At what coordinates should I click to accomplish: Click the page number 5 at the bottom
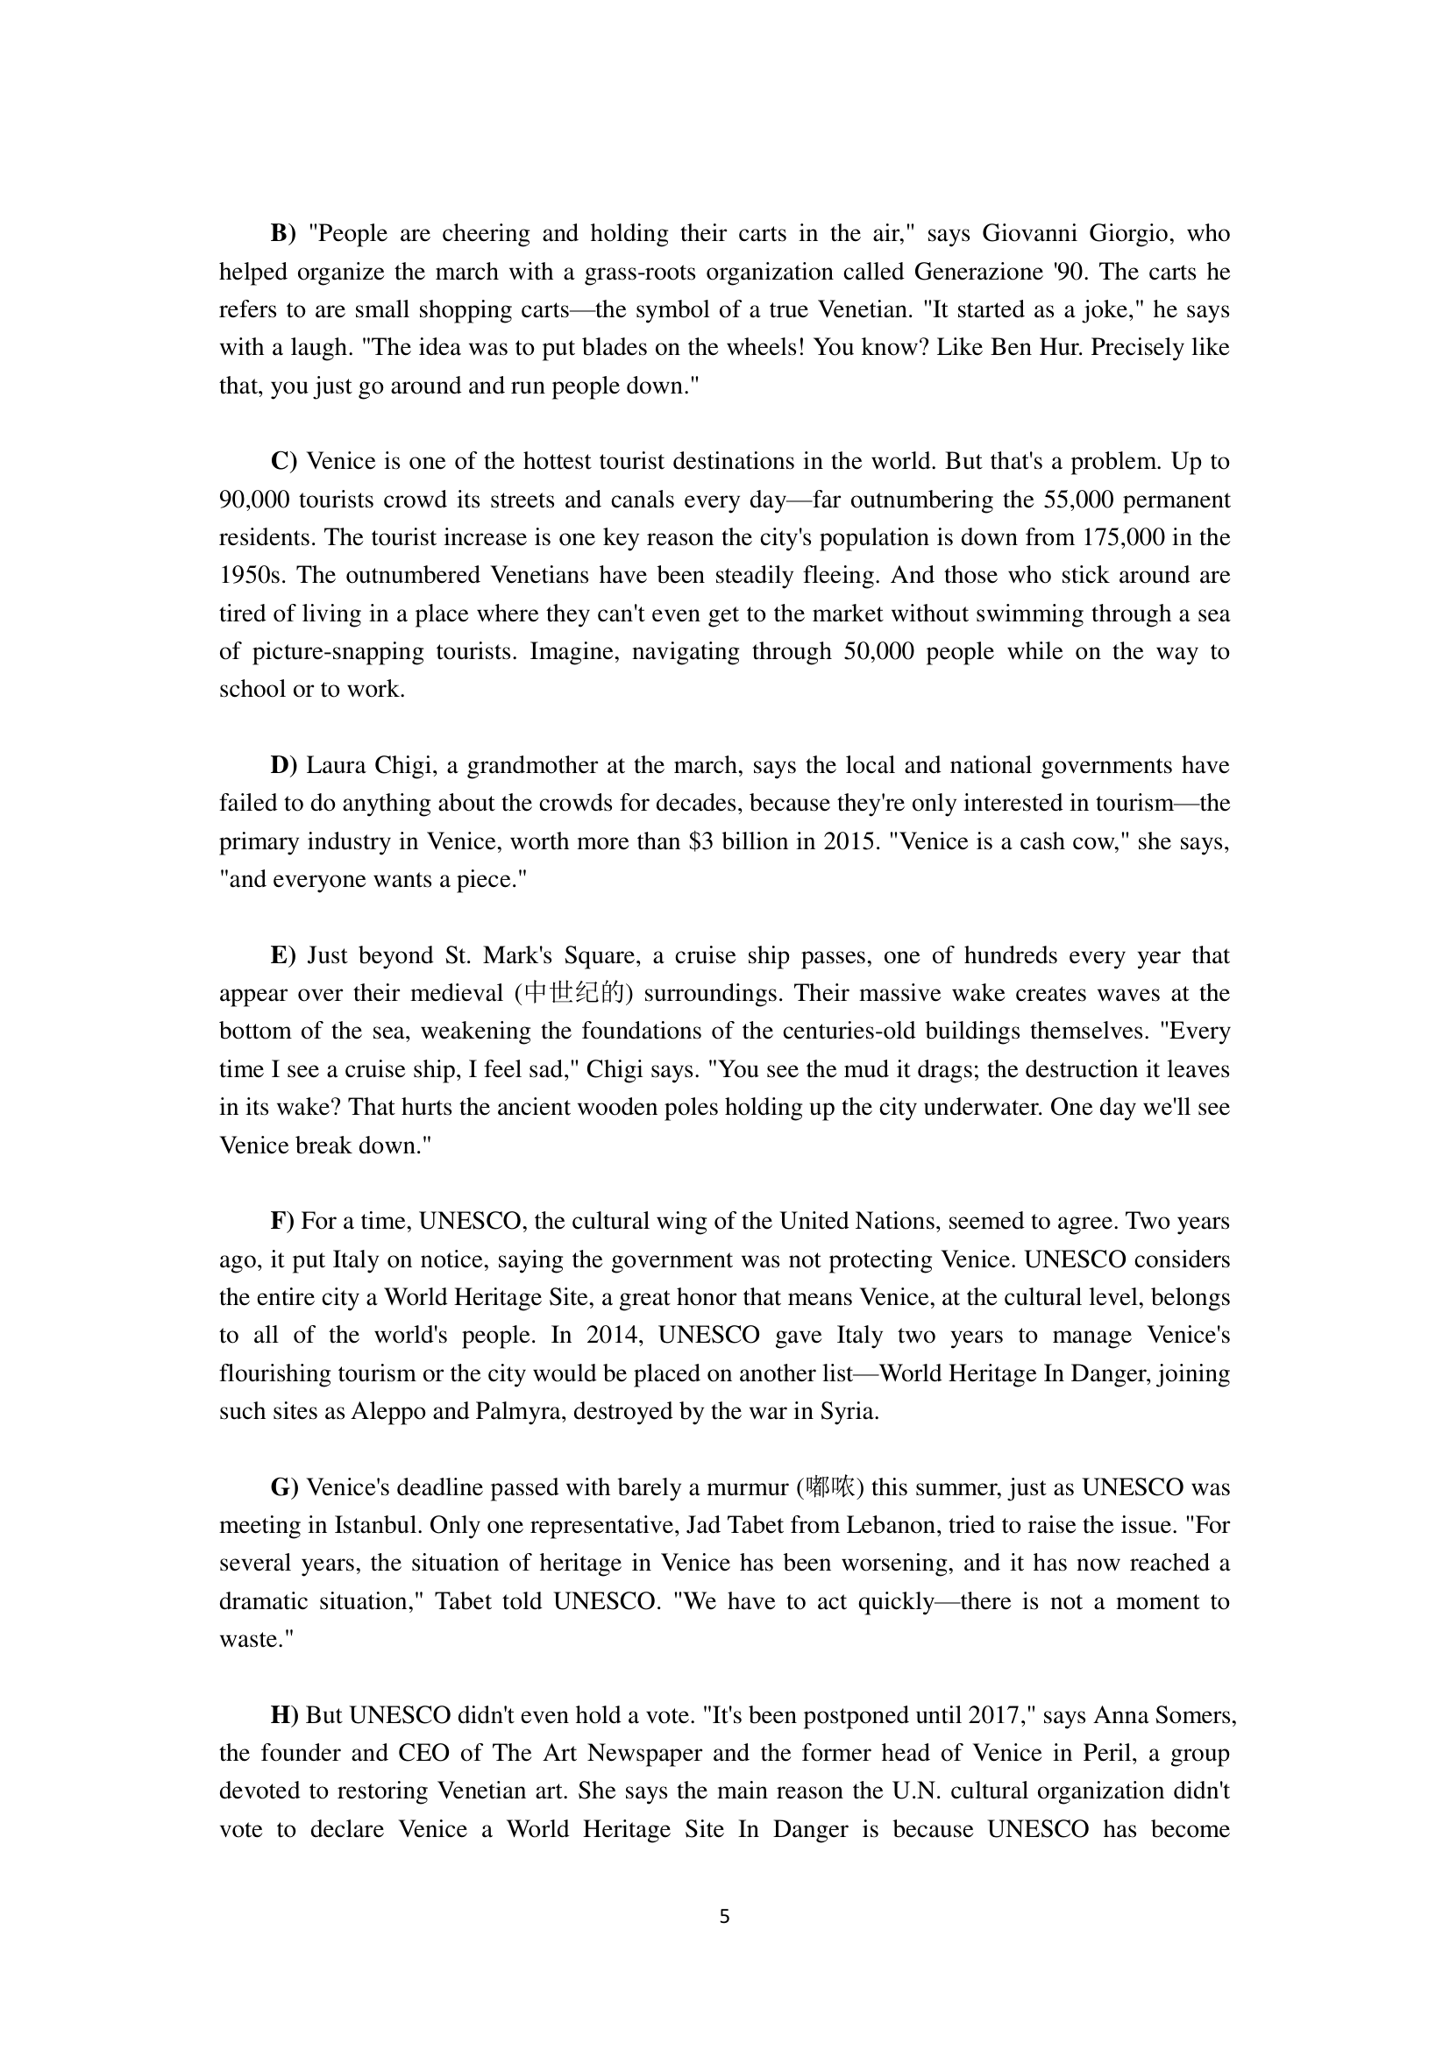coord(724,1916)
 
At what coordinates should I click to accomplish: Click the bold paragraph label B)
coord(283,234)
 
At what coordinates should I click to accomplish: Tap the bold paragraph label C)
coord(283,462)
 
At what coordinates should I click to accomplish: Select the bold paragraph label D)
coord(283,765)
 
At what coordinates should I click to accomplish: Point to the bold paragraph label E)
coord(283,955)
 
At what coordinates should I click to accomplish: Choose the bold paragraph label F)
coord(282,1222)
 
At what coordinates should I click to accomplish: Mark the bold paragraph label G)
coord(284,1487)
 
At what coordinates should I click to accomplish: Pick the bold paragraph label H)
coord(284,1715)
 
